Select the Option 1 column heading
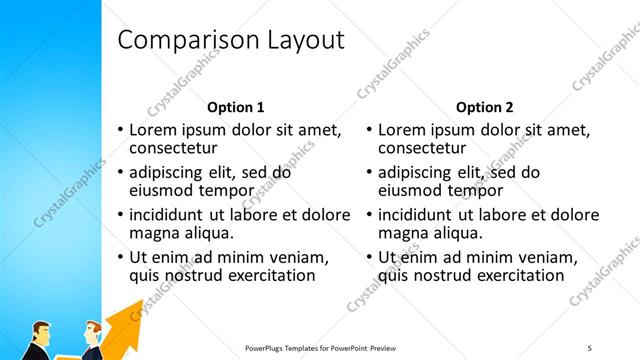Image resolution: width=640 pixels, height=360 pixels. pos(236,107)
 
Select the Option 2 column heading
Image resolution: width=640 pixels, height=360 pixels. pos(484,107)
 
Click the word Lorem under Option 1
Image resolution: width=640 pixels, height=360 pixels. pos(156,130)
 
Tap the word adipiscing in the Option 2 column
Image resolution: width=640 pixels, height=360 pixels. pos(418,172)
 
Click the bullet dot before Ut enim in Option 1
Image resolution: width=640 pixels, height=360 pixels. pos(122,257)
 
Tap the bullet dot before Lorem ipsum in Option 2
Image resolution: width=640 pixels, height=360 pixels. pos(370,130)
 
